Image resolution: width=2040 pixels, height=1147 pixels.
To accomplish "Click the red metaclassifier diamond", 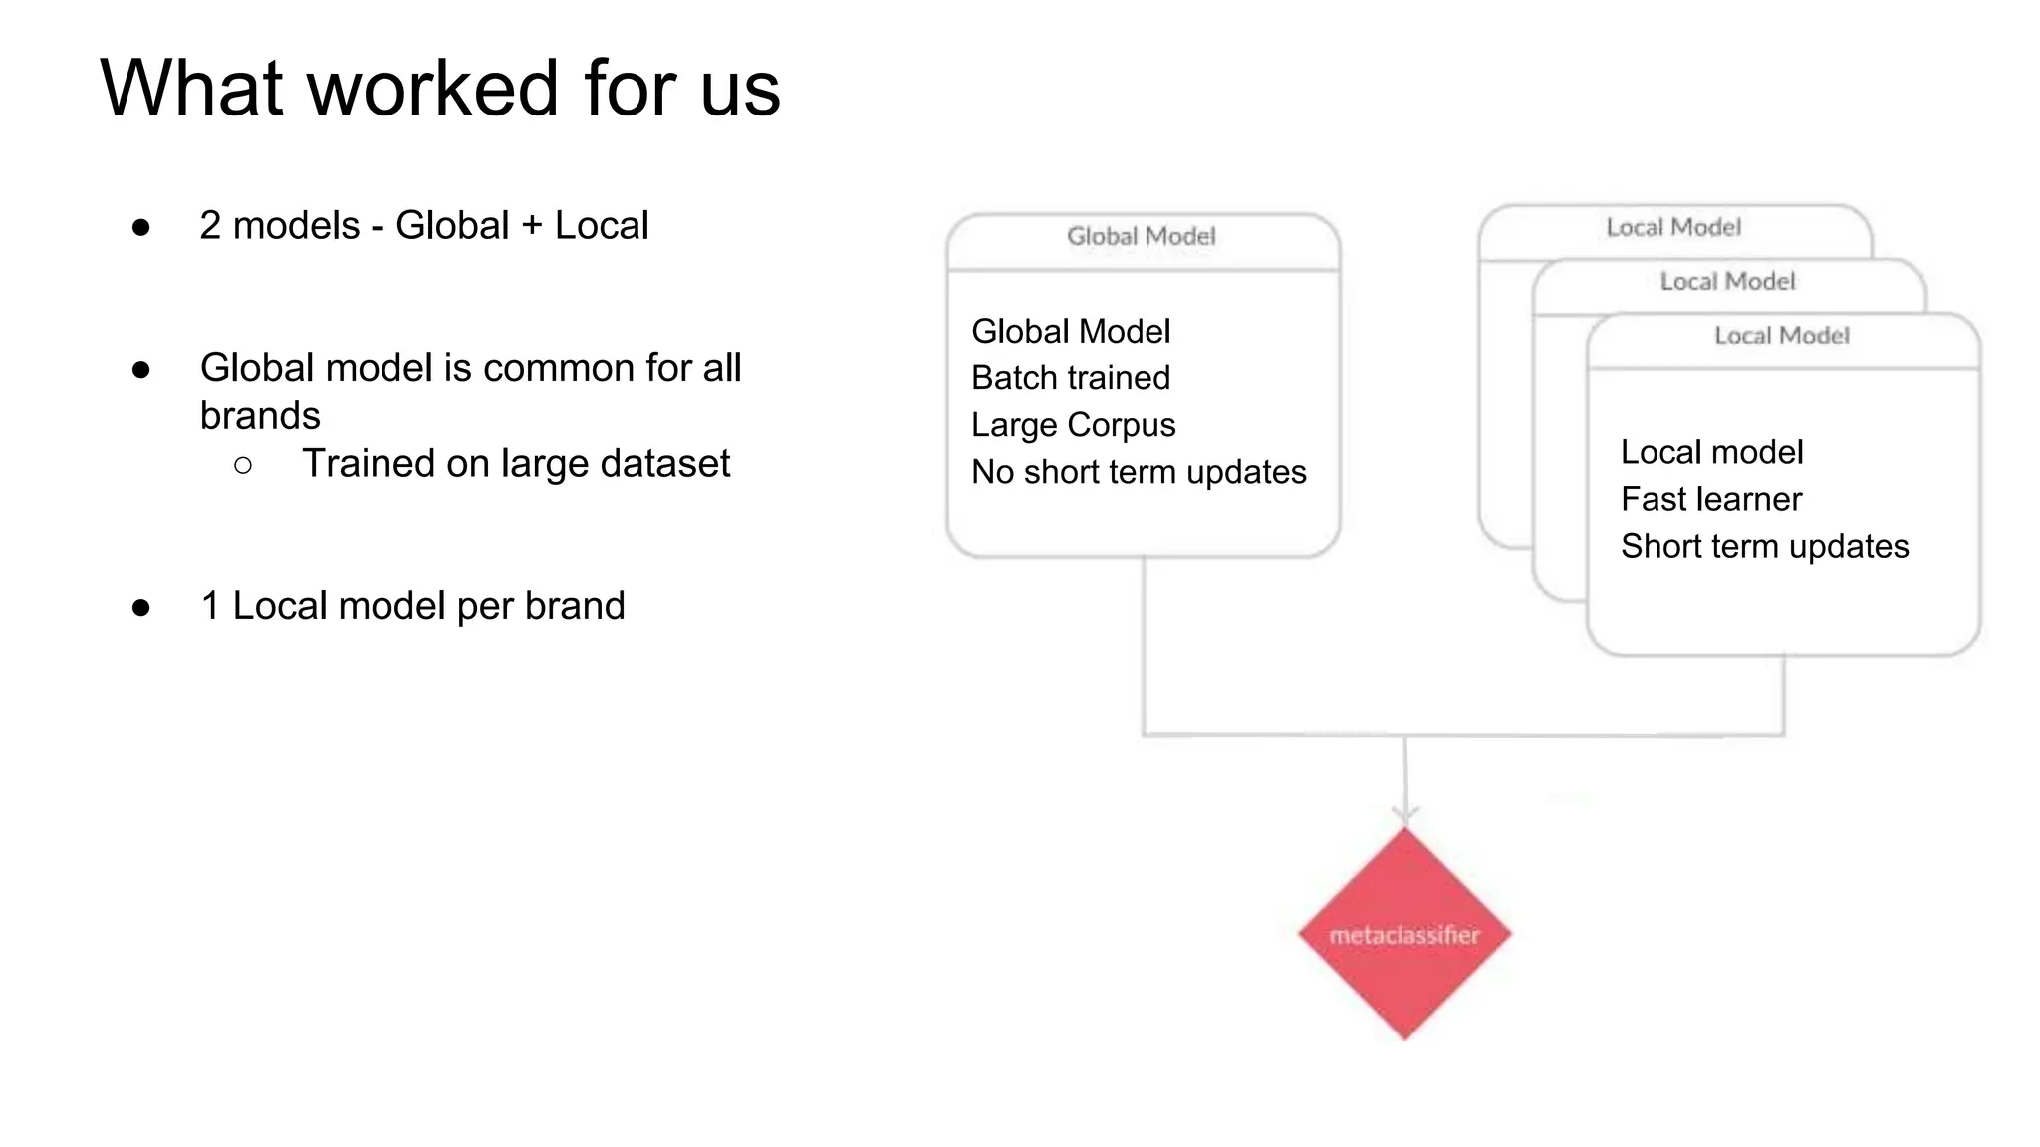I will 1404,934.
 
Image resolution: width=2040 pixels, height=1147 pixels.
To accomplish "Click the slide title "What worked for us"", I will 440,88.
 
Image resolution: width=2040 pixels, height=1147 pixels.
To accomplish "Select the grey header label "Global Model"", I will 1142,237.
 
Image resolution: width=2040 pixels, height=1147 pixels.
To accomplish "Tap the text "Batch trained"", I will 1071,378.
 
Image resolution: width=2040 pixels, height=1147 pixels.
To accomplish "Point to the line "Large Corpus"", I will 1074,425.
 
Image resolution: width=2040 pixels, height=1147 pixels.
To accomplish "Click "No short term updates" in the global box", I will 1139,472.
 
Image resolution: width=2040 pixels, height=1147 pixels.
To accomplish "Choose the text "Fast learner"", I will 1711,499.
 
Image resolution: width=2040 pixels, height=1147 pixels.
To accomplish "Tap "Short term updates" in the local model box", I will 1764,546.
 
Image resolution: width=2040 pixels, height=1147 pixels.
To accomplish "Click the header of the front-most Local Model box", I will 1782,336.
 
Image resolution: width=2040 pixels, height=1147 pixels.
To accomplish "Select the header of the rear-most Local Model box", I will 1673,228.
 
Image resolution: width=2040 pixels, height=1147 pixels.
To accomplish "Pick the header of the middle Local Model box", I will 1727,282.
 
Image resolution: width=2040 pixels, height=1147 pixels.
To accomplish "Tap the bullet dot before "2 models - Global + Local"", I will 141,228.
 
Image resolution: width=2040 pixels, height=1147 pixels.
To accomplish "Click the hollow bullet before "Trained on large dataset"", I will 243,465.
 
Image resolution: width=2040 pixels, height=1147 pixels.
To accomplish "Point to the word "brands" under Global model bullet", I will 260,415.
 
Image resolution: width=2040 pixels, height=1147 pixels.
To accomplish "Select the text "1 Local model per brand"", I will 412,606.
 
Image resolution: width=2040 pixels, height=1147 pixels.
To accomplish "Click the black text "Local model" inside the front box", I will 1711,452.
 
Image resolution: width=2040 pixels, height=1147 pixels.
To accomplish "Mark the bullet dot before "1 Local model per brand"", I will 141,608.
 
